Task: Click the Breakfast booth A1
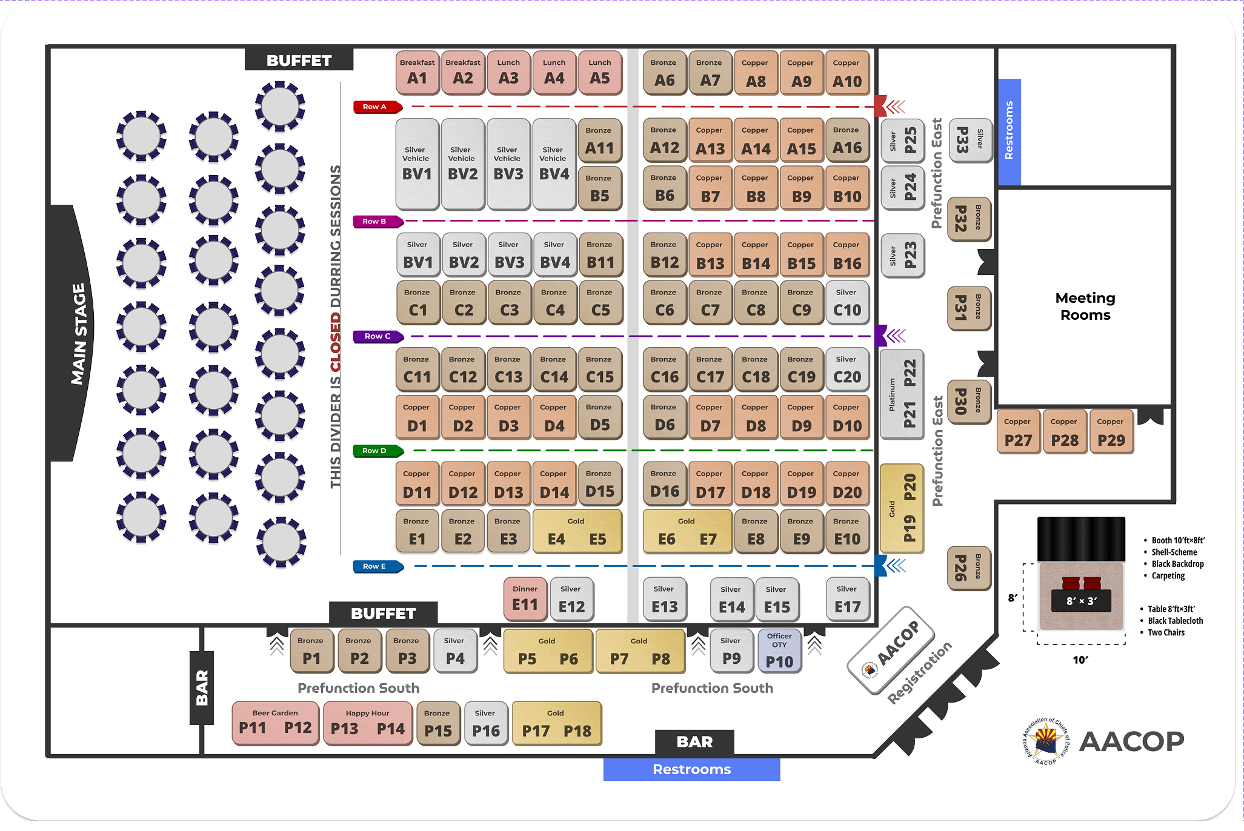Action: click(417, 73)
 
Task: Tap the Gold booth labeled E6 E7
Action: click(687, 532)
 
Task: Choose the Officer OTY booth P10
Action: click(779, 652)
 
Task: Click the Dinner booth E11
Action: click(525, 598)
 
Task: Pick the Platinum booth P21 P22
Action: click(902, 394)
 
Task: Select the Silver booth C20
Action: click(847, 369)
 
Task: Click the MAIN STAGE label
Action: click(78, 334)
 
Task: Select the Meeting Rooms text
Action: click(1085, 306)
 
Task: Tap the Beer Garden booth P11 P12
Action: click(275, 723)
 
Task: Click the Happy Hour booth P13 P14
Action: click(367, 723)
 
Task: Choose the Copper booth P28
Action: click(1064, 432)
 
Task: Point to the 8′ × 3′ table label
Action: click(1081, 601)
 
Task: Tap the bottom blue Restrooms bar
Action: click(691, 769)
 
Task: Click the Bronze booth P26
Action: click(968, 568)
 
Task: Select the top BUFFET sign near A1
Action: click(299, 61)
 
